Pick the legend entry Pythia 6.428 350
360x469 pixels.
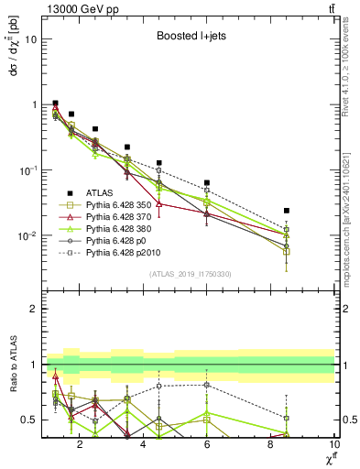click(x=119, y=204)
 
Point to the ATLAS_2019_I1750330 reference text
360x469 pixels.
click(x=190, y=274)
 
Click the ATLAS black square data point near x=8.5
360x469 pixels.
click(x=287, y=211)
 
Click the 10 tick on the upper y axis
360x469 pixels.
click(x=31, y=39)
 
